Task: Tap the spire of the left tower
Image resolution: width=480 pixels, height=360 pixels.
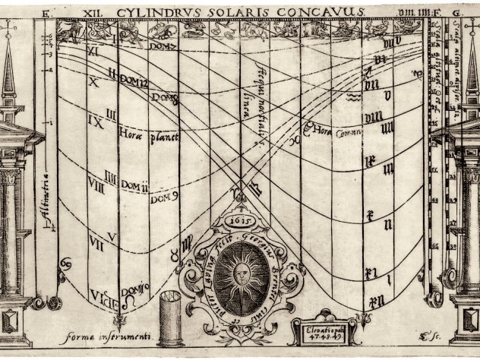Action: click(8, 68)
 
